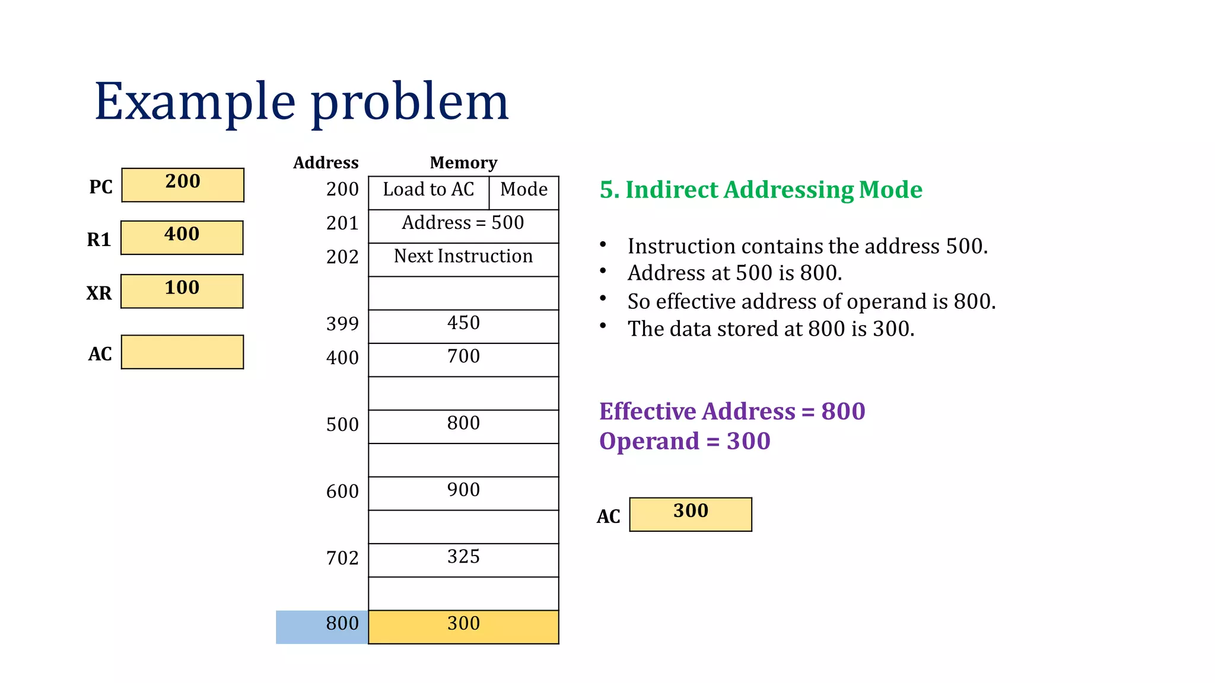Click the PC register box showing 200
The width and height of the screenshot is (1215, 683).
click(x=183, y=185)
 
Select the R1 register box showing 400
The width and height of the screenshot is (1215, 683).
click(x=182, y=238)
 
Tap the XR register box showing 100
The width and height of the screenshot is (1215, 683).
click(x=182, y=291)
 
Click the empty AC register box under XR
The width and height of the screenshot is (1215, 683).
click(x=182, y=352)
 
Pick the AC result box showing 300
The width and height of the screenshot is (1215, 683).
click(x=691, y=514)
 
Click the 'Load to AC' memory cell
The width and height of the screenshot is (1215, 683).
click(x=428, y=192)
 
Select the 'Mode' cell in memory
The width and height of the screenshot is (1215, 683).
click(x=524, y=192)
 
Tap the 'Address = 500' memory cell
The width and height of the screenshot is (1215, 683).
click(x=463, y=226)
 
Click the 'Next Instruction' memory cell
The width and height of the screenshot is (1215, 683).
click(x=463, y=259)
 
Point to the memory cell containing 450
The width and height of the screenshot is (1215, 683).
click(x=463, y=326)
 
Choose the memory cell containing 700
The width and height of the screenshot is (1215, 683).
click(x=463, y=359)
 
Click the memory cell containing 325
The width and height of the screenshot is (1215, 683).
click(x=463, y=560)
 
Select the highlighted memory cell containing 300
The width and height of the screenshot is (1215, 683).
click(x=463, y=627)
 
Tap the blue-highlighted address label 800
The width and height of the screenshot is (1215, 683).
click(x=322, y=627)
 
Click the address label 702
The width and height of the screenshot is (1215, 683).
click(x=342, y=558)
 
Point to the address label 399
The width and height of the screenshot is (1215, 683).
click(x=342, y=324)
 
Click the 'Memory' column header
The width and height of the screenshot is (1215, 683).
click(x=463, y=162)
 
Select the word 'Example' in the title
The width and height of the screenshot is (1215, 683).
click(x=195, y=102)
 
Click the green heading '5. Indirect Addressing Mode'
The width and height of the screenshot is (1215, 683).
click(x=761, y=190)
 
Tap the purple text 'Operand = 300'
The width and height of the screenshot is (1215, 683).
click(x=685, y=441)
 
